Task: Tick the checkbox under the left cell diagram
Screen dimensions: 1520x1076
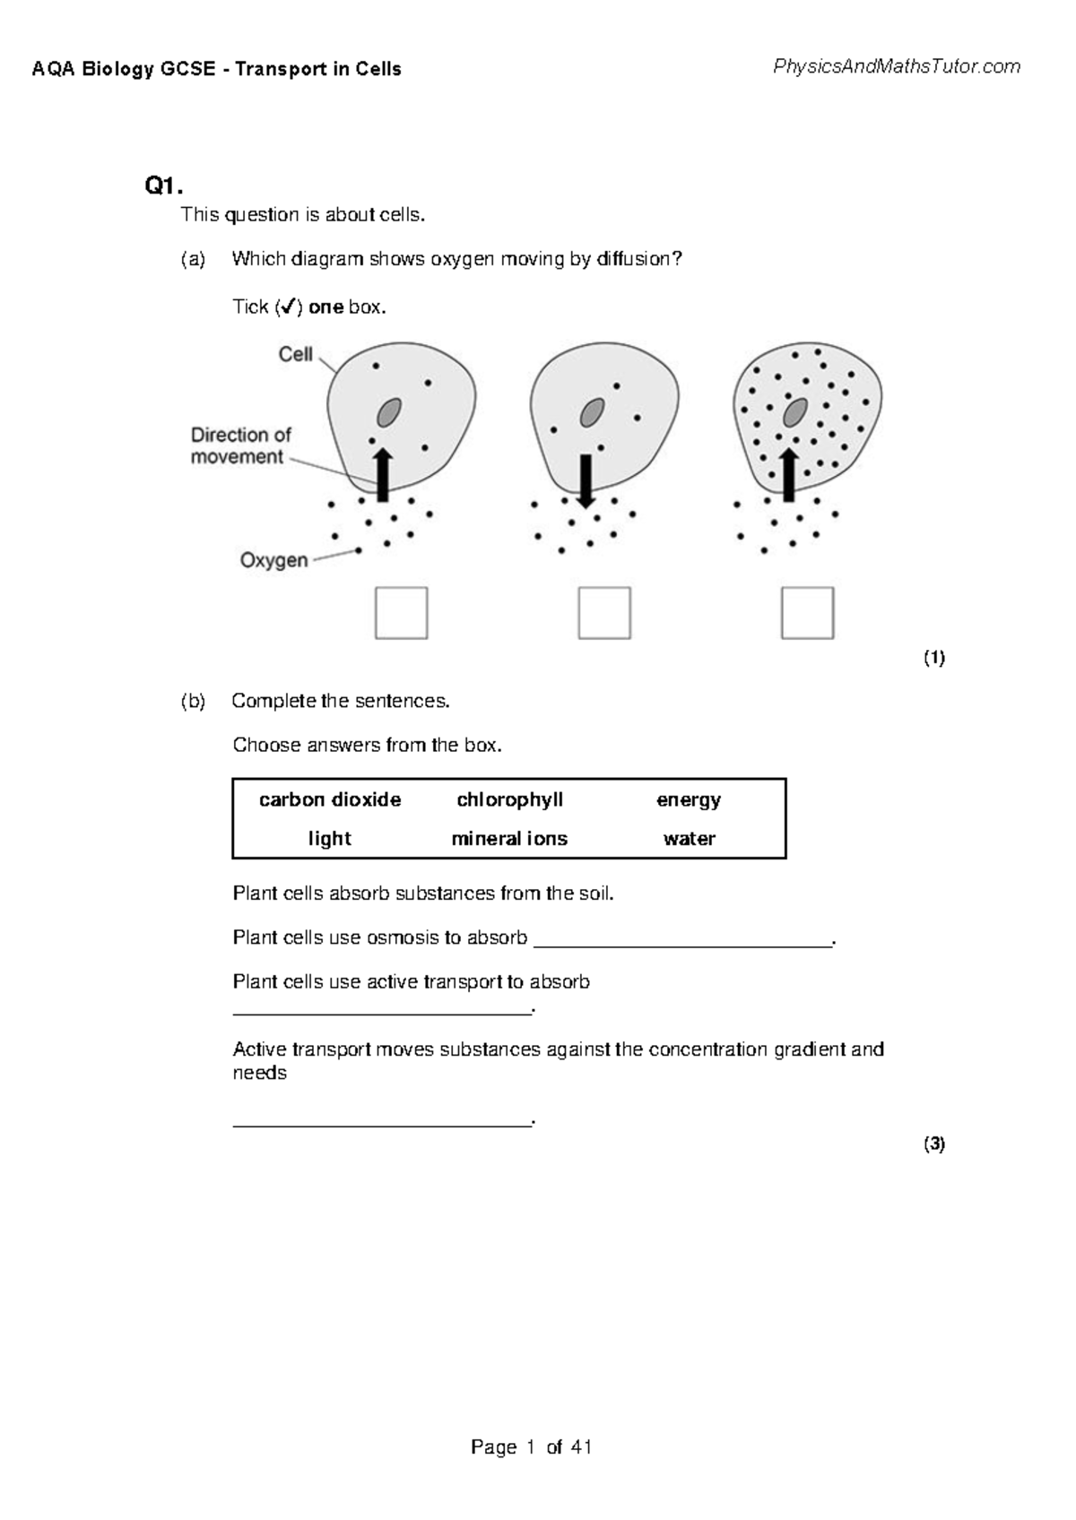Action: coord(401,613)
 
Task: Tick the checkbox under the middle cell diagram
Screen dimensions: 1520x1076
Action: coord(604,613)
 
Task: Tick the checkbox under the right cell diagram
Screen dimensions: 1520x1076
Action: coord(807,613)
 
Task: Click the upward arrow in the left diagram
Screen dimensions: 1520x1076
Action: coord(383,475)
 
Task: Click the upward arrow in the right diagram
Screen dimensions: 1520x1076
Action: coord(789,475)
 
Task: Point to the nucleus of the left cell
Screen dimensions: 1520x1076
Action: coord(388,412)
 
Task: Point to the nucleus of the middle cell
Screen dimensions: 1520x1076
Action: coord(592,413)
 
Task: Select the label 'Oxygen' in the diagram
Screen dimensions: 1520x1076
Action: coord(273,560)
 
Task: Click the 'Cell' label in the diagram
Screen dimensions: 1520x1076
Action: coord(295,354)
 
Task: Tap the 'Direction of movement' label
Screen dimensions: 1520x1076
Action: coord(240,445)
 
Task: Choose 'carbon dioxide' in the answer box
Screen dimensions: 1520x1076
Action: coord(330,799)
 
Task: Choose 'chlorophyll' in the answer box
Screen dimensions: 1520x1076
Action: coord(509,799)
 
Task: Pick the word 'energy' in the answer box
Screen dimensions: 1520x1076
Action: coord(688,799)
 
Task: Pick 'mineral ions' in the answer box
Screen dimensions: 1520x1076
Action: coord(509,839)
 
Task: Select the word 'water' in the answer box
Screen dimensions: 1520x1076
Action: coord(689,839)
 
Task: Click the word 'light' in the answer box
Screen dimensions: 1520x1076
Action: coord(329,839)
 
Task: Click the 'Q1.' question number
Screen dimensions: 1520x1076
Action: coord(163,186)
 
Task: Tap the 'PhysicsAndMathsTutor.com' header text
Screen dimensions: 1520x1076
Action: coord(896,66)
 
